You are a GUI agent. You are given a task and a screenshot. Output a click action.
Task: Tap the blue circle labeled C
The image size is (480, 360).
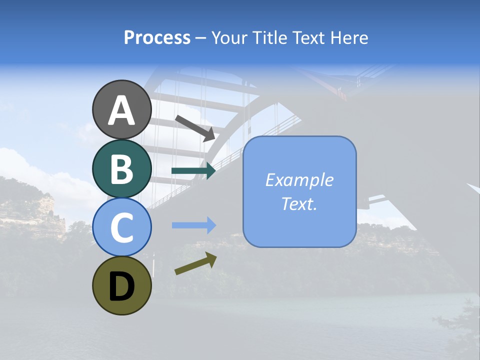pos(121,227)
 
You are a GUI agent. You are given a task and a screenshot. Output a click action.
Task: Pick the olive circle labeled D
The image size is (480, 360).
pos(121,285)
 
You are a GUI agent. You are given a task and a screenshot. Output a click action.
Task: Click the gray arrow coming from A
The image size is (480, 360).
pos(195,128)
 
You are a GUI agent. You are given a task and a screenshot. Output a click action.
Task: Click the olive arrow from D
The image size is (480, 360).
pos(195,263)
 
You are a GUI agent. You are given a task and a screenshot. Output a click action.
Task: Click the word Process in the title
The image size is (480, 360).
pos(157,38)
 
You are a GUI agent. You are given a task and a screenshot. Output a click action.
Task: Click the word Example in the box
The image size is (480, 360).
pos(299,180)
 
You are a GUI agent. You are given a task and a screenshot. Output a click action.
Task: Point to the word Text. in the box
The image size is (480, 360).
pos(299,203)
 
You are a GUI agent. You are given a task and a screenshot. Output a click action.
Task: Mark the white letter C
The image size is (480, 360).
pos(121,227)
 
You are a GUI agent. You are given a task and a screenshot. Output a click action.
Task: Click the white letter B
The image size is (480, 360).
pos(121,169)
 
